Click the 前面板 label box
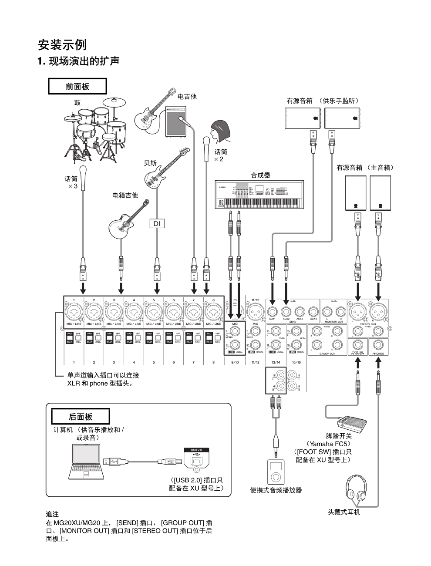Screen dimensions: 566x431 coord(77,86)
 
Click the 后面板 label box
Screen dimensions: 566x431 coord(81,416)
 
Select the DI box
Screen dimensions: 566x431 coord(157,223)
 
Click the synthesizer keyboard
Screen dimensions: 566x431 coord(259,194)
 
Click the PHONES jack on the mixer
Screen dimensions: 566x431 coord(378,345)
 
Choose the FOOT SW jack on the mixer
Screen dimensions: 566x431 coord(358,345)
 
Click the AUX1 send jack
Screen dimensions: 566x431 coord(273,312)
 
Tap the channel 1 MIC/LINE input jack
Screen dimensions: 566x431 coord(74,312)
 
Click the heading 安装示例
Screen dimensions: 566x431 coord(62,44)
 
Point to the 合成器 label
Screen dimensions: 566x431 coord(260,175)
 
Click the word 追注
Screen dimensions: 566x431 coord(52,514)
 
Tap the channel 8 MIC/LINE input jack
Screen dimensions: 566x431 coord(213,312)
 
